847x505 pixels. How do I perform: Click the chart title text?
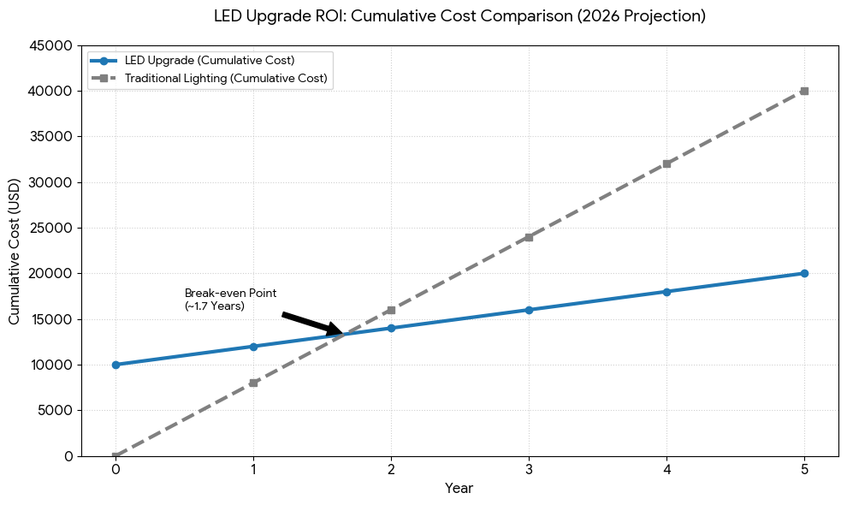(459, 16)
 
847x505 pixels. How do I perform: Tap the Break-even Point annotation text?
(230, 299)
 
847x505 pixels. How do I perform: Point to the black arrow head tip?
(343, 333)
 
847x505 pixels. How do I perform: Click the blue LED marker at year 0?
(115, 365)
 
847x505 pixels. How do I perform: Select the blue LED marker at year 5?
(804, 273)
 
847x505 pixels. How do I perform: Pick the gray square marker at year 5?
(804, 91)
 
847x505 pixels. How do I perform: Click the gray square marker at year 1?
(253, 383)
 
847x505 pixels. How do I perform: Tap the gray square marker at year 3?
(529, 237)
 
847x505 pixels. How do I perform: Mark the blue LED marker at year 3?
(529, 310)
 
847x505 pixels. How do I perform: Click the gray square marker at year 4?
(666, 163)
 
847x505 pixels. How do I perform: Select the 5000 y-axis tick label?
(56, 410)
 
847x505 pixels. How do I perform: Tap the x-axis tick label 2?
(391, 469)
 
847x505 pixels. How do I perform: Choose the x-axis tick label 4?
(666, 469)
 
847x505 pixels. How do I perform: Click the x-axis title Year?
(459, 489)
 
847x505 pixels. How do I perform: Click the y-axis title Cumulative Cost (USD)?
(15, 250)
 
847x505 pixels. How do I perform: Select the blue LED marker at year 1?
(253, 347)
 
